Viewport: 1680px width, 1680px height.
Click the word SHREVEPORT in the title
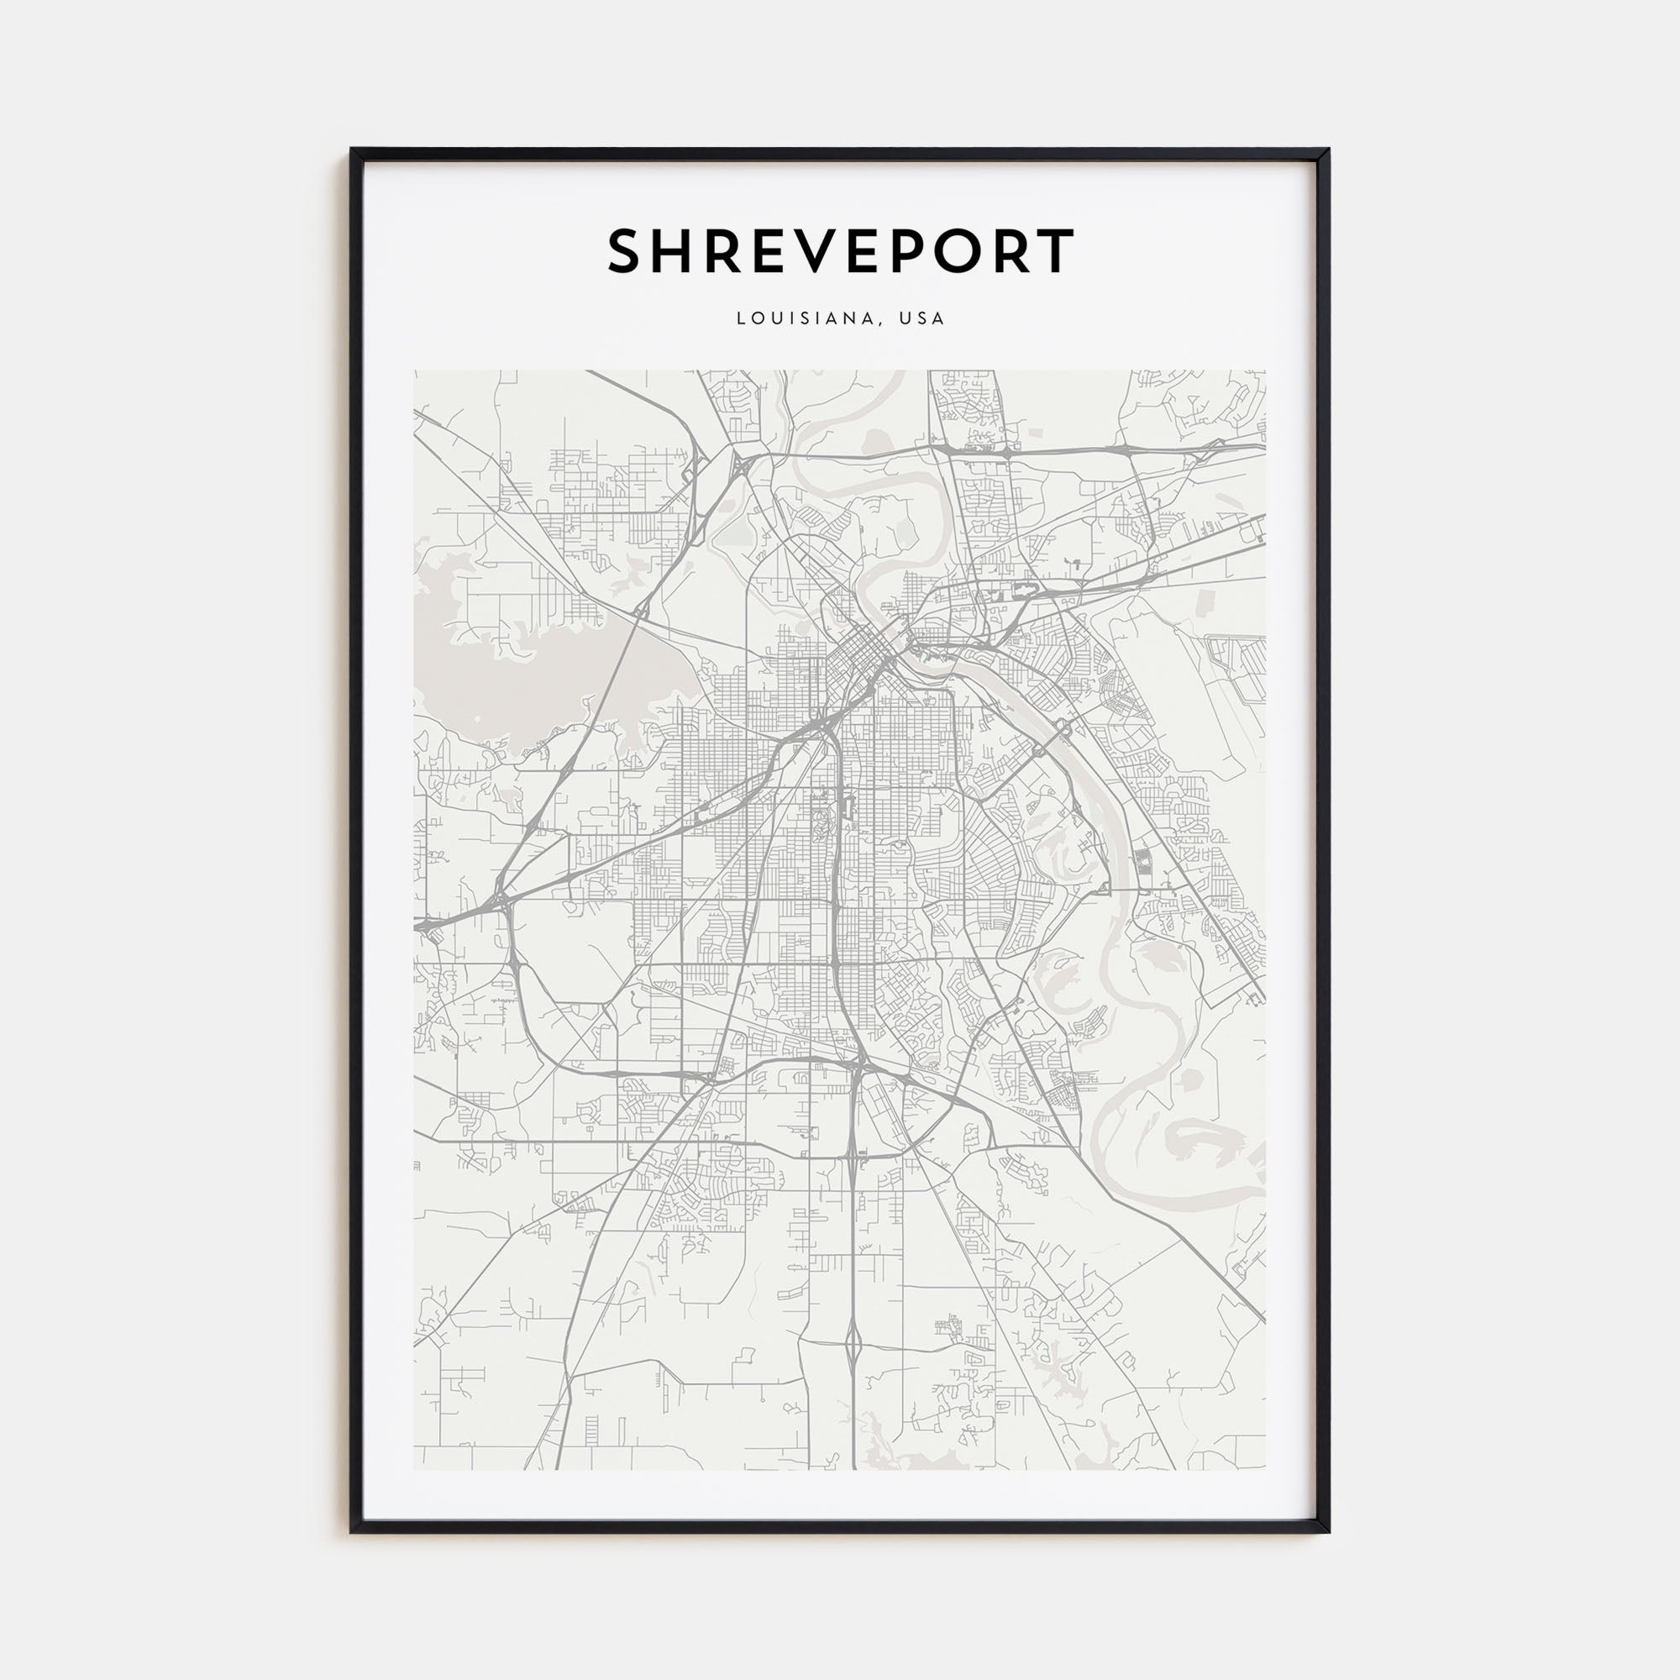[840, 251]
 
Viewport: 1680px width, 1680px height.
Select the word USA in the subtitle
[921, 318]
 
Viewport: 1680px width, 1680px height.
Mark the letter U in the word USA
[907, 318]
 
